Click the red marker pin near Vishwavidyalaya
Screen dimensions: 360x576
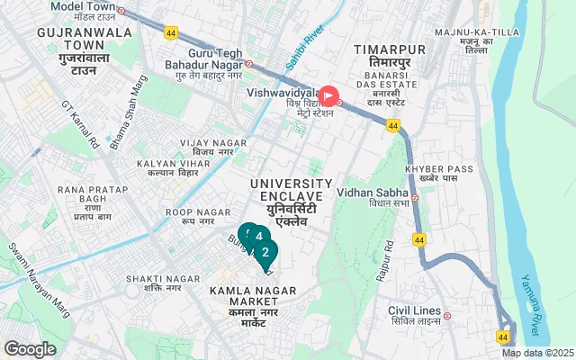[329, 94]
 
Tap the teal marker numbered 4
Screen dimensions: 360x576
[259, 238]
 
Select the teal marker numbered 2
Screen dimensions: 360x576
[265, 252]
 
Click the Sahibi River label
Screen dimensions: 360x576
[311, 47]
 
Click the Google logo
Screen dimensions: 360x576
[31, 348]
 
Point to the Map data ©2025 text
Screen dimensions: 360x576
[536, 353]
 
